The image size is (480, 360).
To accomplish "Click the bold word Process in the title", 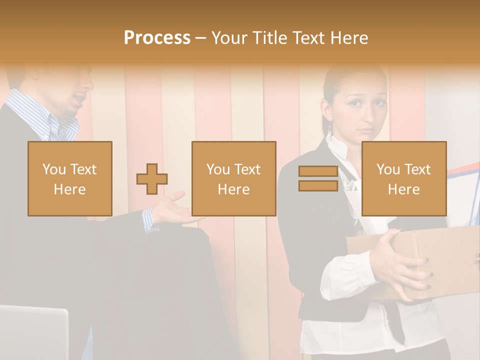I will [x=157, y=37].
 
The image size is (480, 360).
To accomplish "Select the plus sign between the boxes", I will [x=152, y=179].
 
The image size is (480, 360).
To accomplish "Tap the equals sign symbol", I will [x=318, y=178].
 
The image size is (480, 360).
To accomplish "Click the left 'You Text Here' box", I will [x=70, y=178].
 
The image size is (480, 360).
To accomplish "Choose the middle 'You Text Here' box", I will [x=233, y=178].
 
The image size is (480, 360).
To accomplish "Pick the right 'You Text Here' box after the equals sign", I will [x=403, y=178].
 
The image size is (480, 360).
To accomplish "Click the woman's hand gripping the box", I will [x=400, y=265].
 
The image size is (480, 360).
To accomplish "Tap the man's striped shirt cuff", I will [x=150, y=220].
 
